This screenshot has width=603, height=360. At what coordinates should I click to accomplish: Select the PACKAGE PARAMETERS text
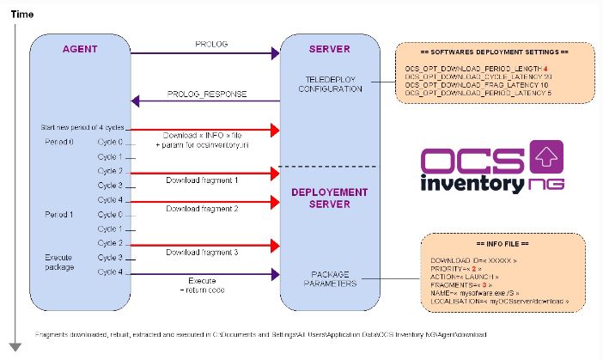[x=329, y=279]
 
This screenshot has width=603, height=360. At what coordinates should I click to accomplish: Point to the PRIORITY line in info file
[x=463, y=269]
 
